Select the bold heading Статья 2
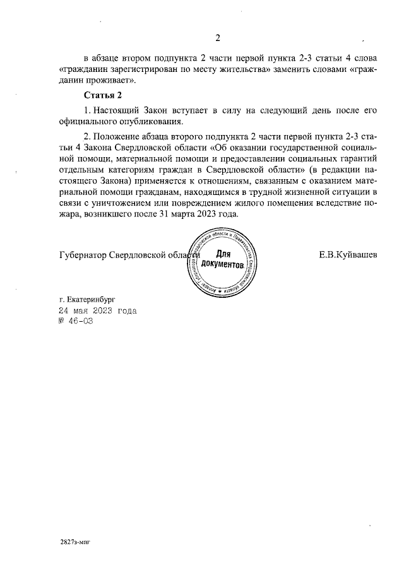103,95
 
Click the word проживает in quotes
108,81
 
